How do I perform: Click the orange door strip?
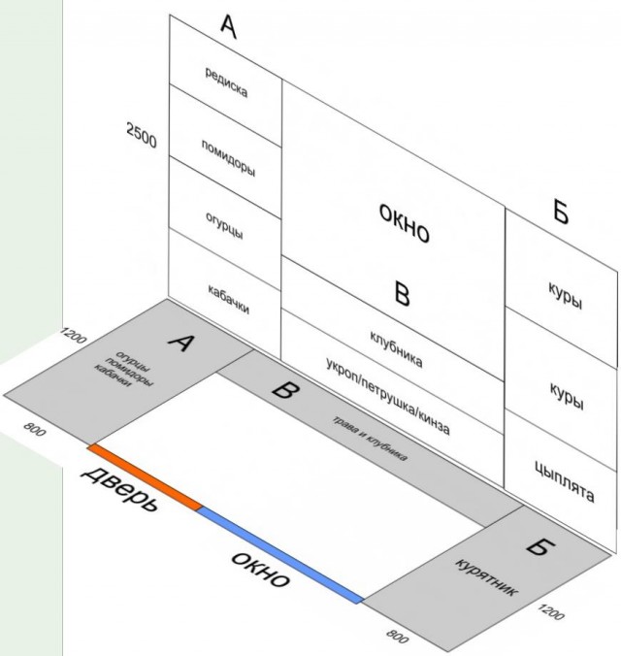point(145,476)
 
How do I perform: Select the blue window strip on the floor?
point(280,555)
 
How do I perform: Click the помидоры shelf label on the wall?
point(228,158)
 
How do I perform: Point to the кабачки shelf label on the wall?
point(228,299)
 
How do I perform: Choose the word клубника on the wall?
point(396,349)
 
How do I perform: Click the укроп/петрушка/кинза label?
point(388,396)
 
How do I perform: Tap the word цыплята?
point(565,480)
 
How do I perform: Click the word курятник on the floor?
point(486,576)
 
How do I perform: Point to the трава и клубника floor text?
point(369,439)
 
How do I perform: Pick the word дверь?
point(119,489)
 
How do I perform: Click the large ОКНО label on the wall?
point(404,222)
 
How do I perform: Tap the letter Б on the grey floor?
point(540,545)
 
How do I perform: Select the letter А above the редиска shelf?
point(228,26)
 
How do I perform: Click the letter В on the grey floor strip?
point(285,391)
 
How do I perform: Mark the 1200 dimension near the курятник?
point(551,611)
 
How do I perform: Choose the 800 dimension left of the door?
point(34,429)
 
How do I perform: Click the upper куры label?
point(566,295)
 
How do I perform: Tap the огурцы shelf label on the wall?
point(224,225)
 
